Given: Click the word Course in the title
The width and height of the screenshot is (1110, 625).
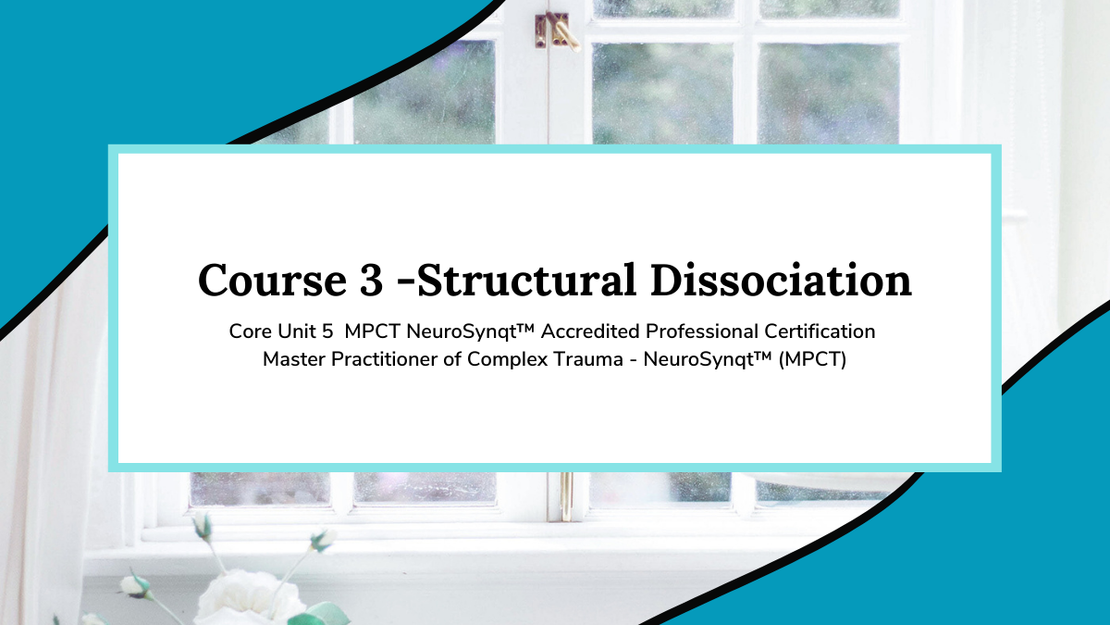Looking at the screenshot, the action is pos(272,281).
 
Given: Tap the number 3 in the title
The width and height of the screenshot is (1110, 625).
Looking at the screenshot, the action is pos(372,281).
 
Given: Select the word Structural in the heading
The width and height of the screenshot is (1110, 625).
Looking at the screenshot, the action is pos(526,280).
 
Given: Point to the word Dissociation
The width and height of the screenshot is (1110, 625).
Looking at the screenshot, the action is pos(781,280).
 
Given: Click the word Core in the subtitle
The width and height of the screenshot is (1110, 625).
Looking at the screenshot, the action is pos(250,331).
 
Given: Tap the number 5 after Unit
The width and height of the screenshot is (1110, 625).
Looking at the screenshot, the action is pos(327,331).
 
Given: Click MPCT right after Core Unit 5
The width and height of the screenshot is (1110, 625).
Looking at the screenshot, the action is pos(372,331).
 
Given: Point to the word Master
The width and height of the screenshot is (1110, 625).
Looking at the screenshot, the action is pos(293,359).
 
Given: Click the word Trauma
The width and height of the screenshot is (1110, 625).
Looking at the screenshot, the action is pos(588,359).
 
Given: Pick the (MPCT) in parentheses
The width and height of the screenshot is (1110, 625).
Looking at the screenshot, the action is pos(813,359).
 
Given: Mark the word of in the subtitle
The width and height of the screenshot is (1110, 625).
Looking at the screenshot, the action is pos(452,359).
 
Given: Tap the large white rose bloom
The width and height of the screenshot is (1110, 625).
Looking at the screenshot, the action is pos(248,598).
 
